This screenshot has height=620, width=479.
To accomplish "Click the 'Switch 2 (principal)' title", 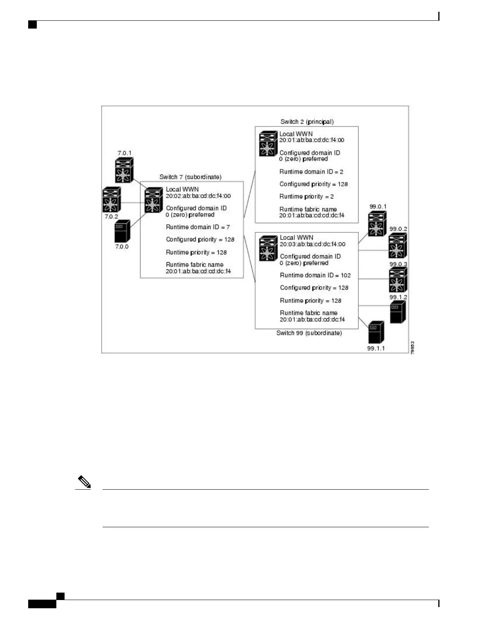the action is point(307,122).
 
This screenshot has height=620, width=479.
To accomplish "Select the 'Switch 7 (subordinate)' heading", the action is point(190,177).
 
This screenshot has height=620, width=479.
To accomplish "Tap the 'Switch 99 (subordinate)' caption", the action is point(309,333).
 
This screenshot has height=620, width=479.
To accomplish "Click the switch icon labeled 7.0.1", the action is point(124,170).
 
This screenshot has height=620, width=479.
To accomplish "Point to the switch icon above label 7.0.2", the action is point(112,200).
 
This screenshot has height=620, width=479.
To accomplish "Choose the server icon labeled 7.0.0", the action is point(122,232).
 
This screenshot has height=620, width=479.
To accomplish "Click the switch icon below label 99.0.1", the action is point(377,223).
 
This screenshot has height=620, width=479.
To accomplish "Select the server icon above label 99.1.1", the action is point(376,332).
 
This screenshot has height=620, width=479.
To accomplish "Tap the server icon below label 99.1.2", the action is point(398,312).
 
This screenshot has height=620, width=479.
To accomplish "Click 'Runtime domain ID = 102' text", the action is point(315,275).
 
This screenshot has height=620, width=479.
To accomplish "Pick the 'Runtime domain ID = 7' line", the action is point(198,227).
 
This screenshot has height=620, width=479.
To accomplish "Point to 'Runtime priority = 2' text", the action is point(306,196).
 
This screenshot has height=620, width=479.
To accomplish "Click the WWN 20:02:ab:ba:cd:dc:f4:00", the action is point(198,196).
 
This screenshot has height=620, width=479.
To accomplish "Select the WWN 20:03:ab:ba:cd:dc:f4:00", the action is point(312,244).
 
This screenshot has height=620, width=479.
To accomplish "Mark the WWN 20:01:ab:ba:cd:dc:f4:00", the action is point(312,140).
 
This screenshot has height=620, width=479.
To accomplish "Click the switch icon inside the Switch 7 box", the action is point(153,200).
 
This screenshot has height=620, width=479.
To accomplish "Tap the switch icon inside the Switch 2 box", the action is point(268,144).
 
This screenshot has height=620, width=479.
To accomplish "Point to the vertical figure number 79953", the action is point(412,348).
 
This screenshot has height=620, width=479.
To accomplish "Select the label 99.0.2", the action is point(398,229).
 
